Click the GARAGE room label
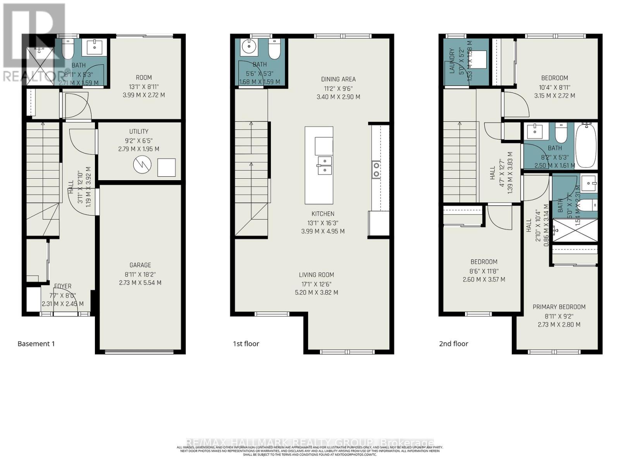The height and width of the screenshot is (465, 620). pos(140,265)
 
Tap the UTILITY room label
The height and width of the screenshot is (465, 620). pos(139,131)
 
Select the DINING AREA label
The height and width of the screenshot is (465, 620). pos(338,79)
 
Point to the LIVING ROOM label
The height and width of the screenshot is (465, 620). pos(316,275)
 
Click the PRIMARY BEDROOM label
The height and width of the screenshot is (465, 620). pos(559,307)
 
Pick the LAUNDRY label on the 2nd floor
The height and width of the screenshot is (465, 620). pos(452,61)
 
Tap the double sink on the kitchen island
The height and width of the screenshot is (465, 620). pos(324,165)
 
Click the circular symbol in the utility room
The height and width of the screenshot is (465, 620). pos(141,165)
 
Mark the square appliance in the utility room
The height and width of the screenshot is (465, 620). pos(166,167)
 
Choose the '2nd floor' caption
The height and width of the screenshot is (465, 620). pos(453,344)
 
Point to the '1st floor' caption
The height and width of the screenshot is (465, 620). pos(246,344)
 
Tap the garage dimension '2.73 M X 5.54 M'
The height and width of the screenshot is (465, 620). pos(140,283)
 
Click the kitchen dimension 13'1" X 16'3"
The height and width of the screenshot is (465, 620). pos(322,223)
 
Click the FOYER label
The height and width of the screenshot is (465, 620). pos(63,286)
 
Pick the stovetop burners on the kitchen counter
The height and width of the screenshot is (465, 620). pos(376,170)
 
